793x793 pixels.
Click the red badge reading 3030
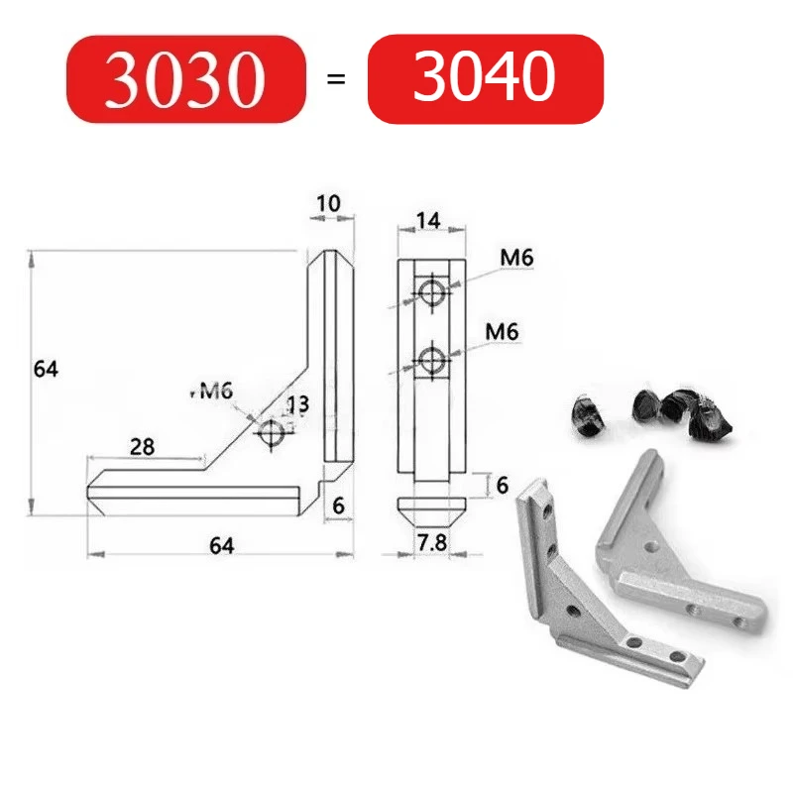click(x=186, y=79)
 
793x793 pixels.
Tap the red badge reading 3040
click(x=486, y=78)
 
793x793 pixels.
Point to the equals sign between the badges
click(x=336, y=79)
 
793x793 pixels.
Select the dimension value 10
click(x=328, y=204)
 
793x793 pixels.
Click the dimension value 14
click(x=428, y=221)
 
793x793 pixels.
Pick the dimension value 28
click(x=142, y=447)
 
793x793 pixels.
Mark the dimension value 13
click(x=298, y=404)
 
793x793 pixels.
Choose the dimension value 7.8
click(x=432, y=542)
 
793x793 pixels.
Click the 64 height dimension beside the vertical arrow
click(x=46, y=369)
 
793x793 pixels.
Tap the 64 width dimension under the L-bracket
click(x=221, y=546)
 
